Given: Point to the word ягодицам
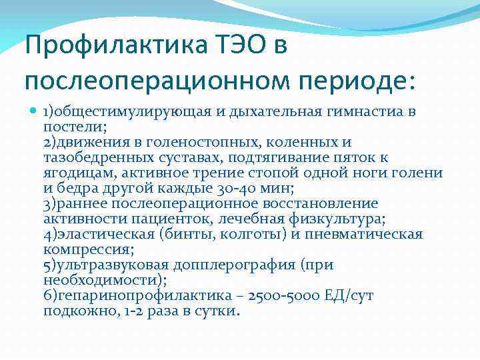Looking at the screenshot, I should [75, 173].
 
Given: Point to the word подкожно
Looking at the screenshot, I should [74, 311].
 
